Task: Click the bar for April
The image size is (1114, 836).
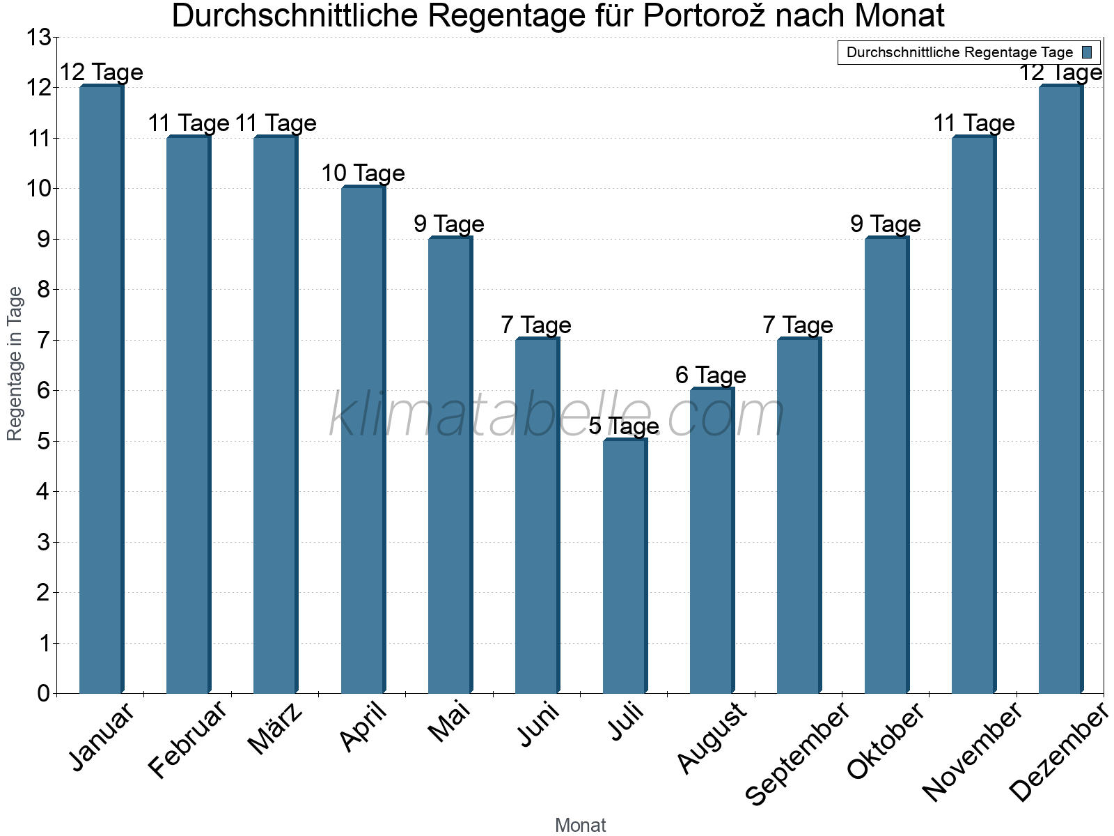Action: tap(363, 440)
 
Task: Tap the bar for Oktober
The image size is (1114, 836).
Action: tap(886, 465)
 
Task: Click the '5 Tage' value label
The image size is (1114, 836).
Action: tap(624, 426)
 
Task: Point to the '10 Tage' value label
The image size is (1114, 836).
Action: tap(363, 173)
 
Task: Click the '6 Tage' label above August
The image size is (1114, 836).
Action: tap(711, 376)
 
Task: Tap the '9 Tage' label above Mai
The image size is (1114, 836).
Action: tap(449, 224)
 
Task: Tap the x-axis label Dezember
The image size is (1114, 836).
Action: tap(1059, 752)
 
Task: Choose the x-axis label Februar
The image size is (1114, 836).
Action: tap(188, 739)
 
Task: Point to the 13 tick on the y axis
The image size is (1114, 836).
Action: tap(39, 37)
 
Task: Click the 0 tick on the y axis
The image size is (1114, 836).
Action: tap(43, 693)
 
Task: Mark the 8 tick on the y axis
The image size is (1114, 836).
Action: tap(43, 289)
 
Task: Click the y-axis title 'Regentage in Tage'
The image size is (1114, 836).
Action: tap(15, 364)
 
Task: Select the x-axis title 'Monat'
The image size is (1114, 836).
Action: tap(580, 826)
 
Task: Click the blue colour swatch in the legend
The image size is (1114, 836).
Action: tap(1087, 52)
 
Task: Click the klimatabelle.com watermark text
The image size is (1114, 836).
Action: tap(556, 415)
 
